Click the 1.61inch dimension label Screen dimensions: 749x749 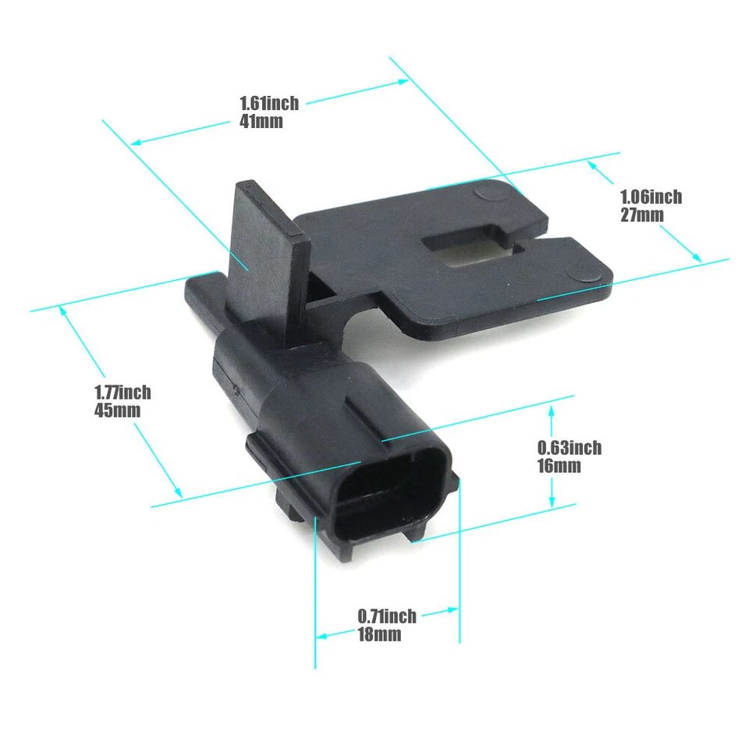tap(268, 102)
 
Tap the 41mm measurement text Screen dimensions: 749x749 tap(261, 121)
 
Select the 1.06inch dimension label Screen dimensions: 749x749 tap(651, 197)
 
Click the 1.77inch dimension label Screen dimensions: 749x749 tap(122, 392)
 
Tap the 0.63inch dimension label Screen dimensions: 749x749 tap(570, 448)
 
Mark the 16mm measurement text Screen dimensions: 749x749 tap(559, 466)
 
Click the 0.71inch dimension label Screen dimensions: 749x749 tap(387, 616)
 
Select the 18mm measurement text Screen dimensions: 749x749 tap(379, 634)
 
